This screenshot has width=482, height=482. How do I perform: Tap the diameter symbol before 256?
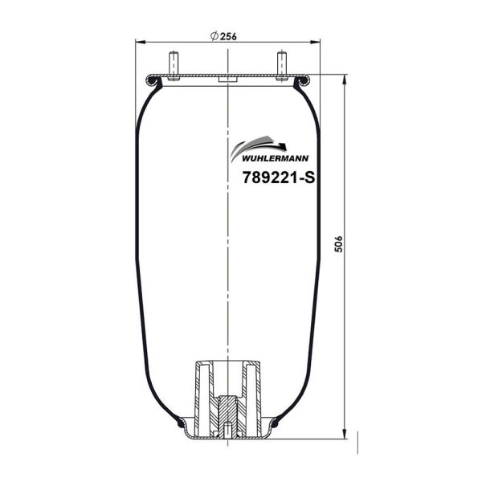[214, 35]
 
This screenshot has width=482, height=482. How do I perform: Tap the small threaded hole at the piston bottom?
[227, 429]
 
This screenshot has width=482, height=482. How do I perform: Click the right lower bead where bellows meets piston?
[276, 421]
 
